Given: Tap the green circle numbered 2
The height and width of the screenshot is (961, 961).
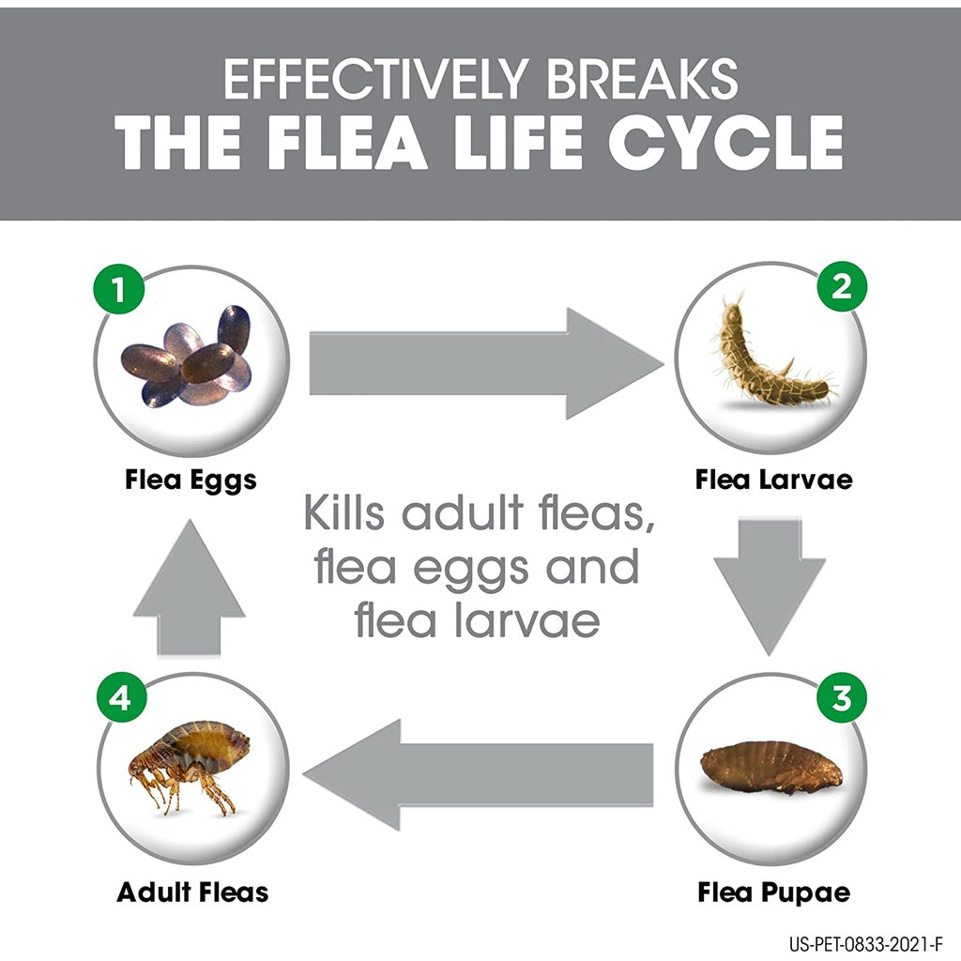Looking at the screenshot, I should coord(842,286).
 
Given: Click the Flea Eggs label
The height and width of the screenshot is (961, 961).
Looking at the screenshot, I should coord(191,480).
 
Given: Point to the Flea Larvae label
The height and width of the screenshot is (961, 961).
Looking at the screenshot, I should coord(774,480).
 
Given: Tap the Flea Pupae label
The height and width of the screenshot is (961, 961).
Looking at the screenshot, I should coord(774,891).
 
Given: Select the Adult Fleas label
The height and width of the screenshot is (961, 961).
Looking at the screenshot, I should coord(192,891).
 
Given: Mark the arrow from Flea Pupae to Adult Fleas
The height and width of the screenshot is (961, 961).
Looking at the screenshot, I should coord(479,774).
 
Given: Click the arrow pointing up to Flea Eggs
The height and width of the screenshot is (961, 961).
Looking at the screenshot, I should coord(190,587).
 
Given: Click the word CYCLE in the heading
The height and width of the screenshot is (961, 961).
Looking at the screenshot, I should coord(725,143).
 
